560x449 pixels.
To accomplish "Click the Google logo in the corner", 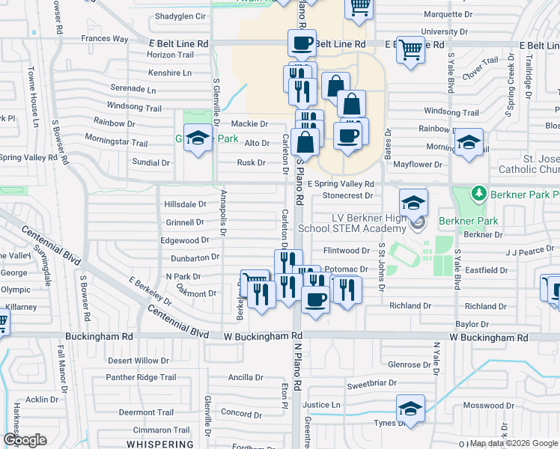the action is [x=25, y=440].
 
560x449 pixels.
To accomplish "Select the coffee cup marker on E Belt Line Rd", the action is [x=302, y=43].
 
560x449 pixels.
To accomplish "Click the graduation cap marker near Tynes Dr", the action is [x=410, y=409].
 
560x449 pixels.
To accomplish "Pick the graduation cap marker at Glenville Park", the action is [x=198, y=138].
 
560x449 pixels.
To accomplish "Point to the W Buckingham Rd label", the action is [x=262, y=337].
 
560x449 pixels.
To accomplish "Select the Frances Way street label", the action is [x=106, y=38].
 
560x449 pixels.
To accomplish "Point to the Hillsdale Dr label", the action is [x=185, y=204].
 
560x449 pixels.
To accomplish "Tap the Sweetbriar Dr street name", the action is [x=371, y=385].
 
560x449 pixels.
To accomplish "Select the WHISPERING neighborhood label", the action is [x=166, y=444].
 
